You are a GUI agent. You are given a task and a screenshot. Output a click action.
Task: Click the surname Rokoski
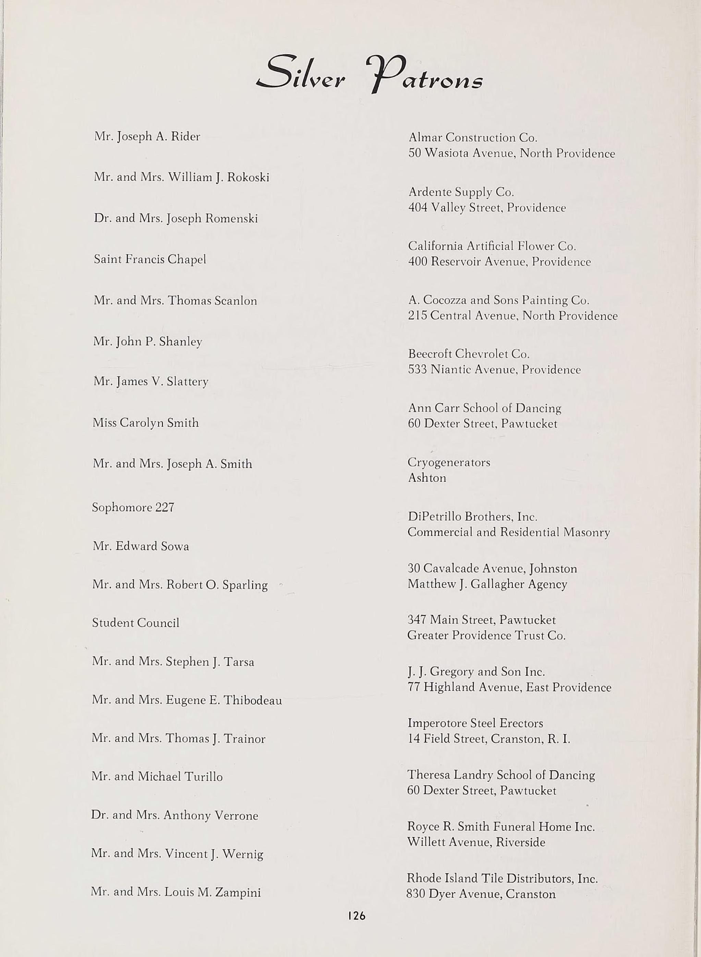[248, 177]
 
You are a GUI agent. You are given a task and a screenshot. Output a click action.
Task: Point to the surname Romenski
[231, 218]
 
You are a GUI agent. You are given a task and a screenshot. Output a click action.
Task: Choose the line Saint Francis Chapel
[150, 259]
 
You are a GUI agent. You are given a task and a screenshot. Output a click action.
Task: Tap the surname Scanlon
[235, 301]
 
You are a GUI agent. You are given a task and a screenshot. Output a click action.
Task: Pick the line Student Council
[136, 623]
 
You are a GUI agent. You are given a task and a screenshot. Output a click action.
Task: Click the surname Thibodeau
[253, 700]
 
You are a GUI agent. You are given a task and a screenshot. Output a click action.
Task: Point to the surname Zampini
[238, 893]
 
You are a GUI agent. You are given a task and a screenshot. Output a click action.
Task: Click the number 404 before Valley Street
[418, 207]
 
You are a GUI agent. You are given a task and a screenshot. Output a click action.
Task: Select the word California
[435, 246]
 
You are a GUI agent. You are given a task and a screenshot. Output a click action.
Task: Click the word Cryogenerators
[449, 462]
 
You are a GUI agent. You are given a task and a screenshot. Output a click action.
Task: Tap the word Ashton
[427, 478]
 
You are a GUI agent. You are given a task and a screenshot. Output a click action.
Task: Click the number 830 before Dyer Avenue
[416, 894]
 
